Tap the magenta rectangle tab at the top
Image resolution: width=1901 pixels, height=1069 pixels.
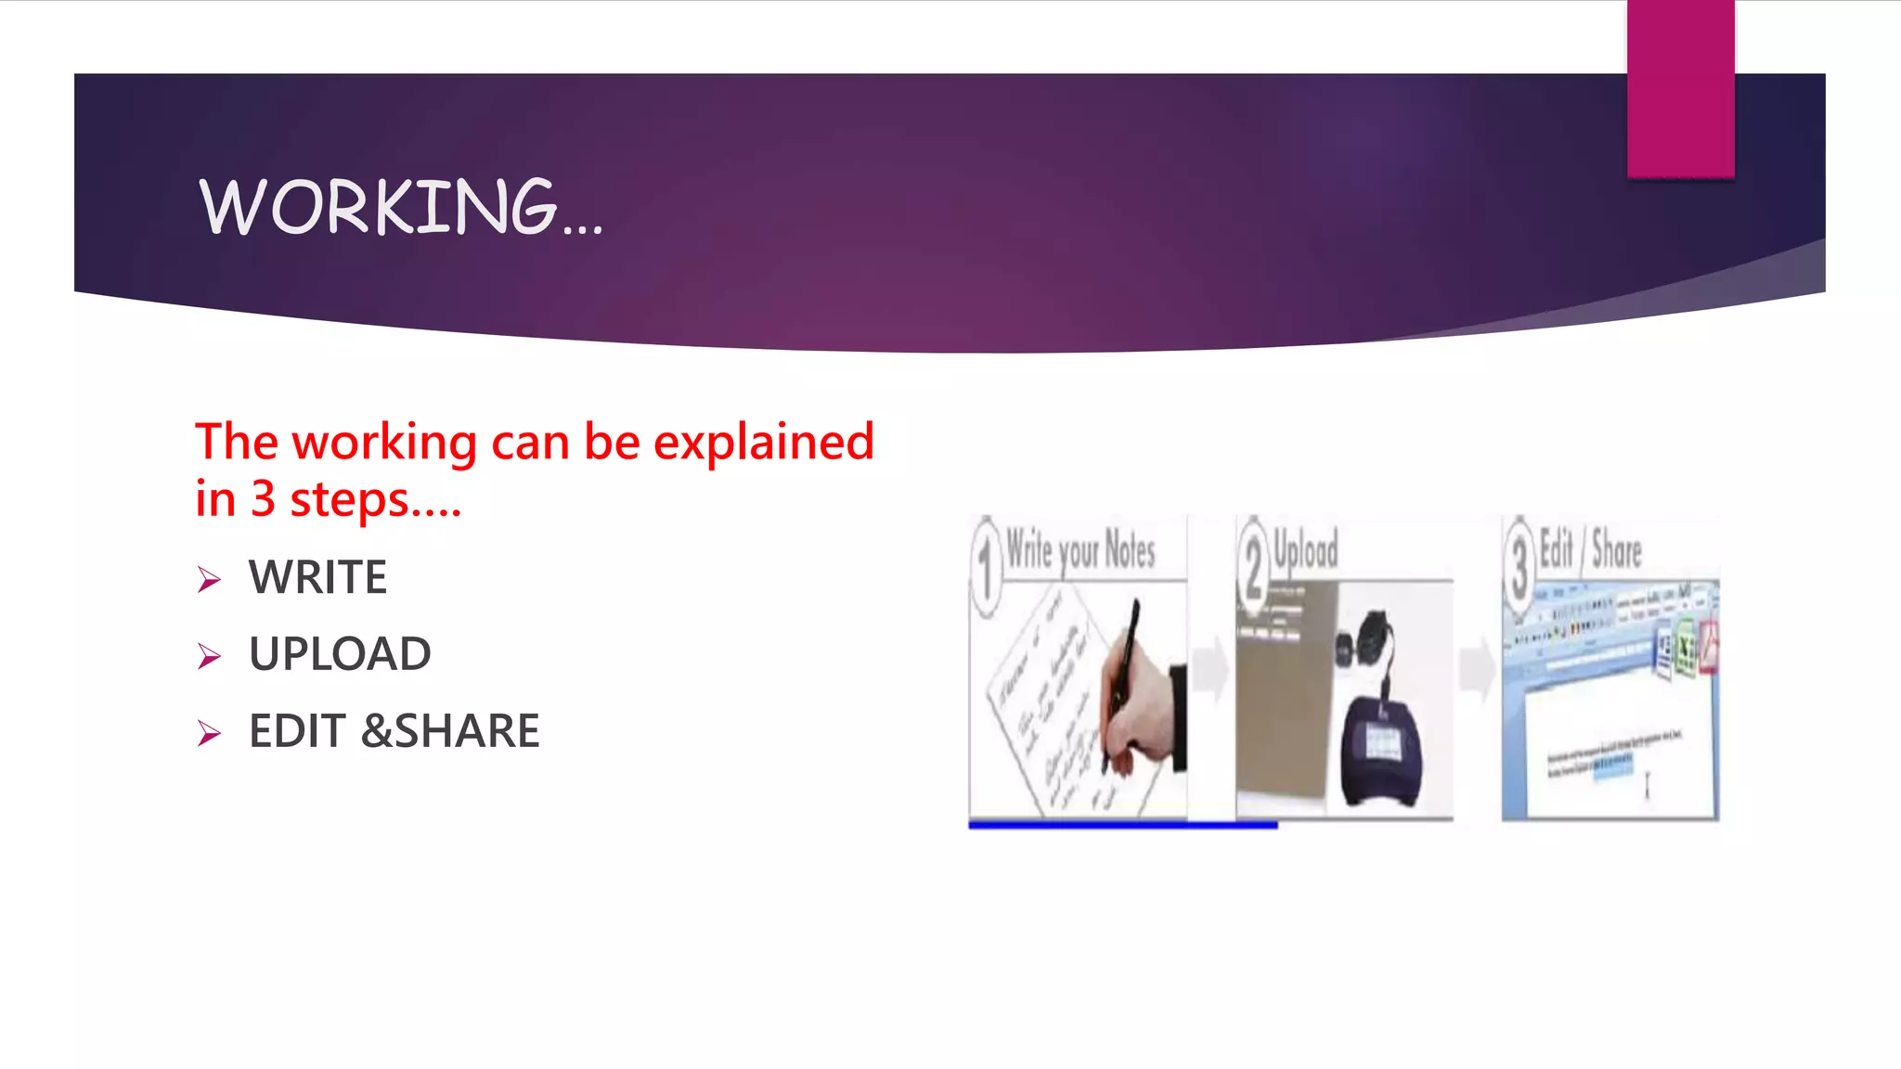pyautogui.click(x=1680, y=88)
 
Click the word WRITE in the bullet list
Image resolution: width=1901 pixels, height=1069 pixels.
pyautogui.click(x=317, y=577)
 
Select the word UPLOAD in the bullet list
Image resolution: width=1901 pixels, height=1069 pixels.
pyautogui.click(x=340, y=654)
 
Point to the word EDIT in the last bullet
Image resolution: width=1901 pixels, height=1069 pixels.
pyautogui.click(x=297, y=731)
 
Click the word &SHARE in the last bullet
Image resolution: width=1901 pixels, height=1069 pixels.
pyautogui.click(x=450, y=731)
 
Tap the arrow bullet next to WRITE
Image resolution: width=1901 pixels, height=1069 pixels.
pyautogui.click(x=209, y=580)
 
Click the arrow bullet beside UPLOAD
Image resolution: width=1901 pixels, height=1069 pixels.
pyautogui.click(x=209, y=657)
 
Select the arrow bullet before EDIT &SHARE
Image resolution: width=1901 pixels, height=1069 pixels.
pyautogui.click(x=209, y=734)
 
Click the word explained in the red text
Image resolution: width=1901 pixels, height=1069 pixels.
pyautogui.click(x=764, y=442)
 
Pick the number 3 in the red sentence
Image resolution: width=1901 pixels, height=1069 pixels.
pyautogui.click(x=263, y=499)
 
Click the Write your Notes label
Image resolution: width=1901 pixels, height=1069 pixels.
pyautogui.click(x=1080, y=550)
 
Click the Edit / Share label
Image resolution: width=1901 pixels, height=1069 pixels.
pyautogui.click(x=1590, y=548)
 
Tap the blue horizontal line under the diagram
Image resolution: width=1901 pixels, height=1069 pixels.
pyautogui.click(x=1122, y=825)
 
